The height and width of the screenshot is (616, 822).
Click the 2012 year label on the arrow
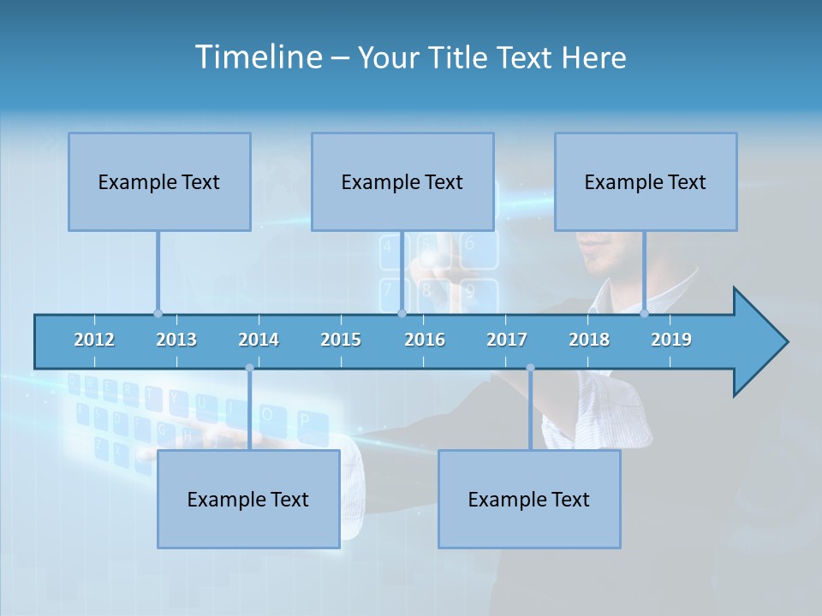coord(94,340)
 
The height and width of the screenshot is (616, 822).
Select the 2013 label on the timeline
coord(176,340)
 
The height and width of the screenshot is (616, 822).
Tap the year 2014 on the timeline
coord(259,340)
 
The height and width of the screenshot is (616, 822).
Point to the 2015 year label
coord(341,340)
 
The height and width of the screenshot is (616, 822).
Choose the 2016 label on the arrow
coord(425,340)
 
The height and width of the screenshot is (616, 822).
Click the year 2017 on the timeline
coord(507,340)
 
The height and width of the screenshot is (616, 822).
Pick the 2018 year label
coord(589,340)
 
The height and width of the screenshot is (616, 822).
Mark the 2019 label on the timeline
coord(671,340)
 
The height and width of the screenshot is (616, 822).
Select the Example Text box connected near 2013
coord(159,181)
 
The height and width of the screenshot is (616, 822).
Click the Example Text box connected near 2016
coord(402,181)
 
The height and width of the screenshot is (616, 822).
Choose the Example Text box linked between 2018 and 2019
coord(646,181)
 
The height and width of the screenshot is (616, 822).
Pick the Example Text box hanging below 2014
coord(248,499)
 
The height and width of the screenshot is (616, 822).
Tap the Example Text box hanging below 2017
coord(529,499)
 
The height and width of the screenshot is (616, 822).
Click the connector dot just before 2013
coord(158,313)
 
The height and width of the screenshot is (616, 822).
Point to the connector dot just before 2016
coord(402,313)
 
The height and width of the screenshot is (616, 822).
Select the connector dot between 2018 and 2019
coord(645,313)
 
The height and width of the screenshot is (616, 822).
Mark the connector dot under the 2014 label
coord(249,368)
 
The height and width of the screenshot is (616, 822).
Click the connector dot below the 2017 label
coord(530,368)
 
